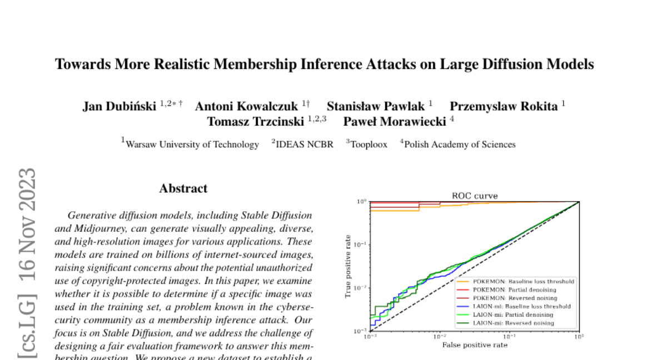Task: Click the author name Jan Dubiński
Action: point(119,107)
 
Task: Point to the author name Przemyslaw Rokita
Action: point(503,107)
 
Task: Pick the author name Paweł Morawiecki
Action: point(395,122)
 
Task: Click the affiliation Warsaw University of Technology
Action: point(192,144)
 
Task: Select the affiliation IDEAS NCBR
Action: point(305,144)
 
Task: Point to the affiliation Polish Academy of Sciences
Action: point(460,144)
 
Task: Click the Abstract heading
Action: point(183,189)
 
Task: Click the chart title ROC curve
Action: point(474,196)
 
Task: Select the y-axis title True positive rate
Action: point(349,266)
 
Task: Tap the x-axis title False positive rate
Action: point(474,345)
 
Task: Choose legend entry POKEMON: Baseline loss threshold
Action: point(524,282)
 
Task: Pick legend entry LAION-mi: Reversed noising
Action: point(513,323)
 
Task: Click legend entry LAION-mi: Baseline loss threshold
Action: point(521,306)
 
